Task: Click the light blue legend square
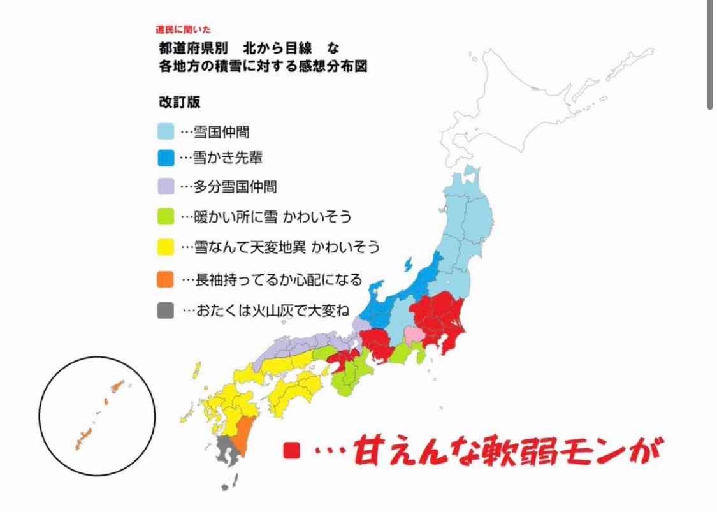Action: click(x=166, y=132)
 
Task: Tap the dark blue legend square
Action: click(x=166, y=157)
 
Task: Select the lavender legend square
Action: click(x=166, y=186)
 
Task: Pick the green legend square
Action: click(x=166, y=216)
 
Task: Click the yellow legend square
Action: click(x=166, y=246)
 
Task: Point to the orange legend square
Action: click(x=166, y=279)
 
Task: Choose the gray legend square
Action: click(x=166, y=311)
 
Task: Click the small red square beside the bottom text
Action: click(x=291, y=451)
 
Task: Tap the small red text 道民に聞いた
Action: click(x=182, y=29)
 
